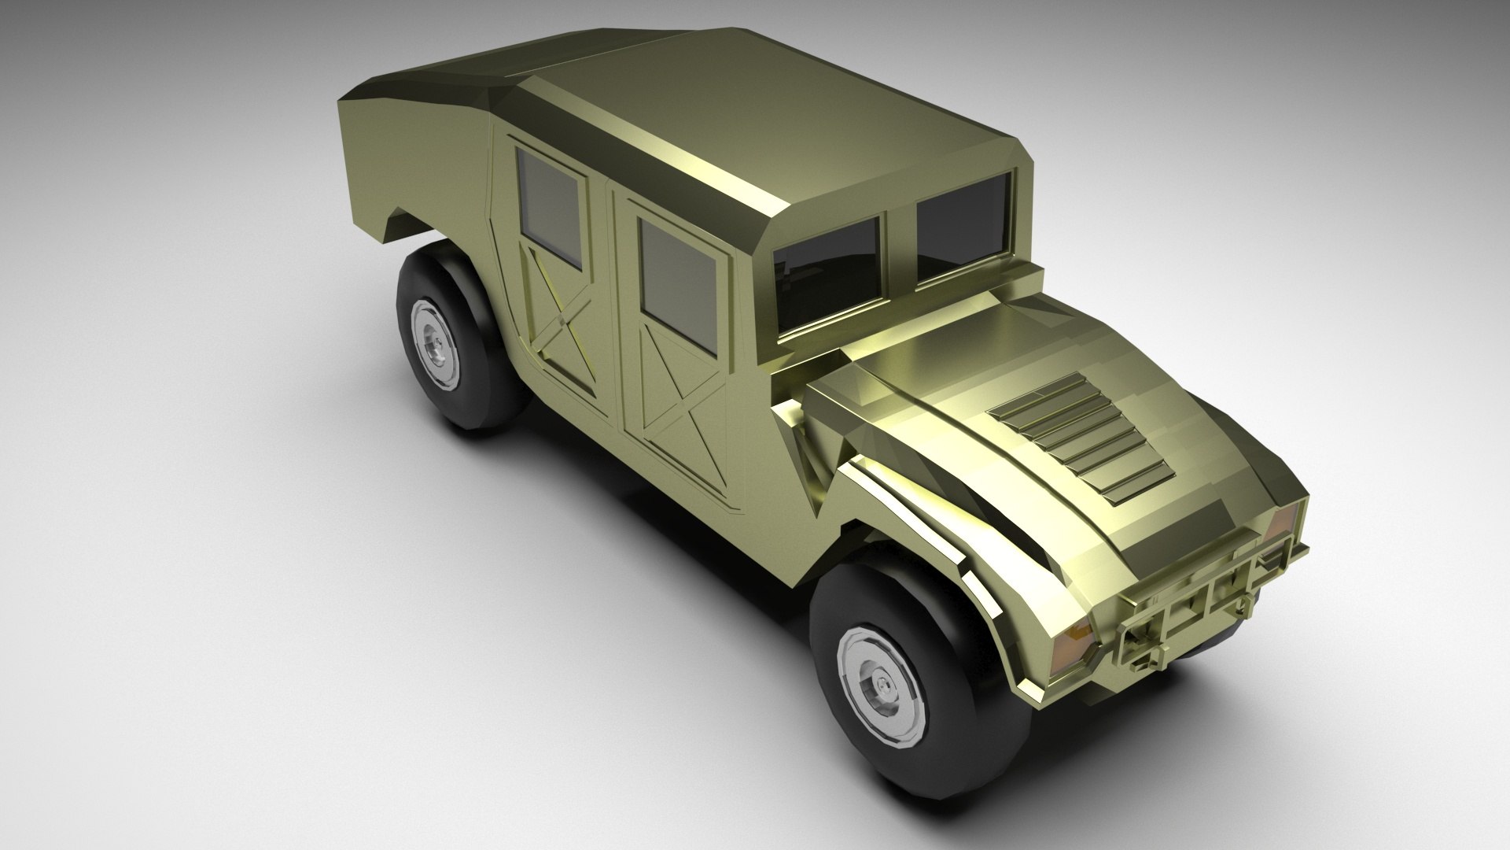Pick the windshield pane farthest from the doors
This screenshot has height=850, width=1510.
tap(963, 224)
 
